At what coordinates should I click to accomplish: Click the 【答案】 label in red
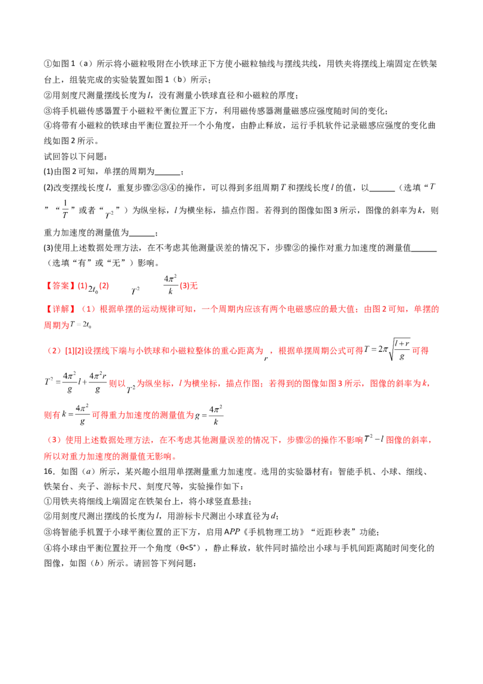coord(59,285)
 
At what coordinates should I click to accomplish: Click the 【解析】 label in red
coord(59,309)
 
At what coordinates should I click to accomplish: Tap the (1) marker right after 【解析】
coord(89,309)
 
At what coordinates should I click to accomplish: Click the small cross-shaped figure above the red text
coord(64,210)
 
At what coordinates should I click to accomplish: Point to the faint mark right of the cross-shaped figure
coord(109,213)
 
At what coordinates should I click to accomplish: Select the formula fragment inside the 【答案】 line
coord(154,285)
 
